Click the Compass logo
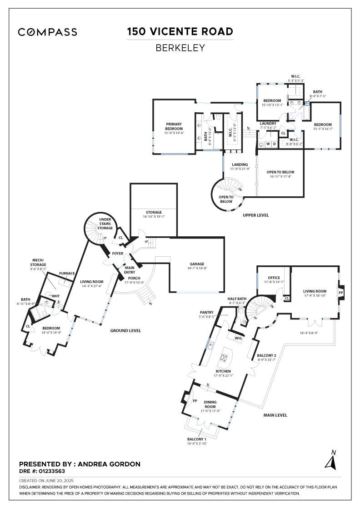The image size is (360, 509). pos(47,32)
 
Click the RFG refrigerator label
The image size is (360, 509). pos(238,338)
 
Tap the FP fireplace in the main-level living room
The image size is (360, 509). pos(341,293)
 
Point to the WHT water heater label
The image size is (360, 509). pos(56,296)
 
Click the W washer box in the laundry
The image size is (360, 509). pos(268,144)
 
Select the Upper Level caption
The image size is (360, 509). pos(256,215)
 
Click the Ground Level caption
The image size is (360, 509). pos(125,330)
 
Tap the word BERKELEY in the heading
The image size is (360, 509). pos(180,48)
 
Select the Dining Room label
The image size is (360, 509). pos(210,404)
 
